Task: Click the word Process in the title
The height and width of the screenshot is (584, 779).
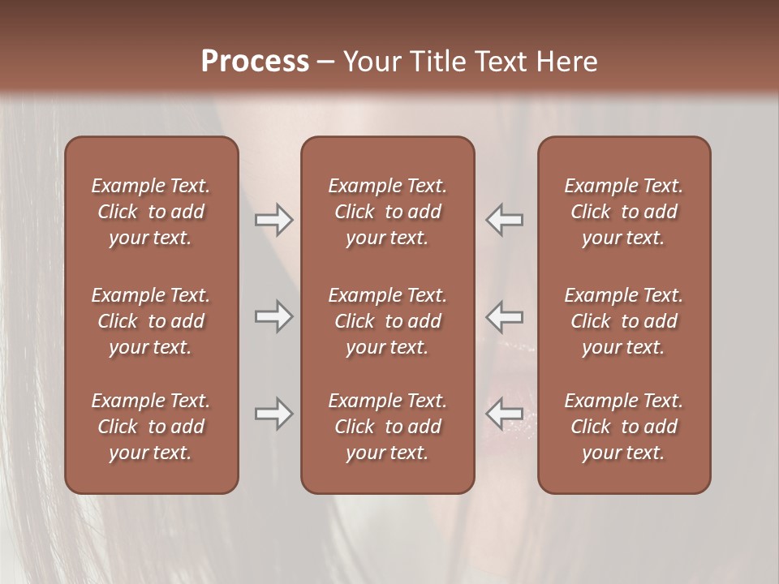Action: click(x=255, y=62)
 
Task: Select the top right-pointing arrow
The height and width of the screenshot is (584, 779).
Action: click(x=273, y=219)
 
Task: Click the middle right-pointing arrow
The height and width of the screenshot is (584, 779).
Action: click(x=273, y=316)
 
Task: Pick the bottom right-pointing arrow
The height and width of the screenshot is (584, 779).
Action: click(x=273, y=414)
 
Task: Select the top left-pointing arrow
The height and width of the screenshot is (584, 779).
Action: click(x=504, y=219)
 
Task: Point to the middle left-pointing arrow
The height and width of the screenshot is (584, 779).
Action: click(x=504, y=316)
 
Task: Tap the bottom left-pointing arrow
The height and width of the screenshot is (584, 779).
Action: click(x=504, y=414)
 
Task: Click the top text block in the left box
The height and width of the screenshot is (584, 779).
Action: click(x=151, y=212)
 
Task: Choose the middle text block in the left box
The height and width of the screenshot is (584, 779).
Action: click(x=151, y=321)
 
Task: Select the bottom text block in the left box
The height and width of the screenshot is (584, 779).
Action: click(x=151, y=427)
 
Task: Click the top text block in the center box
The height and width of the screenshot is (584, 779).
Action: click(x=387, y=212)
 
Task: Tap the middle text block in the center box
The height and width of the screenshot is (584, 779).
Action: click(x=387, y=321)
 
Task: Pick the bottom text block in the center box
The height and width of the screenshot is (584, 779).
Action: click(x=387, y=427)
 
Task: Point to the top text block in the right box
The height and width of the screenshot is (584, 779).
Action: click(x=623, y=212)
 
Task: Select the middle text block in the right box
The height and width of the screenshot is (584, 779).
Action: click(x=623, y=321)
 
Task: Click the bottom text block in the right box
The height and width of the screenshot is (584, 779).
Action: click(x=623, y=427)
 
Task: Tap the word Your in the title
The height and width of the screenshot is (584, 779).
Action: click(x=369, y=62)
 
